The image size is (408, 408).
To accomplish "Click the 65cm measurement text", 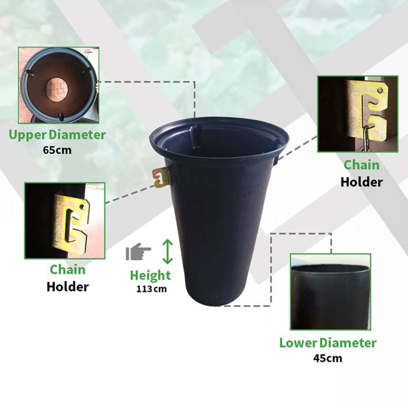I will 57,150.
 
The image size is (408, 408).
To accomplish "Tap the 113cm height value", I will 151,289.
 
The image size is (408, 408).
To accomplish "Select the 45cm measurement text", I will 328,358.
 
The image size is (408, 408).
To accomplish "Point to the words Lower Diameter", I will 328,343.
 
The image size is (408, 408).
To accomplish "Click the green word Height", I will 150,275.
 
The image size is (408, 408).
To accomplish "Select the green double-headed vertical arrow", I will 168,251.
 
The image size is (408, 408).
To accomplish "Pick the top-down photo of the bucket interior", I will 59,85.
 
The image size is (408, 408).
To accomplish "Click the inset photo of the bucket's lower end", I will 330,292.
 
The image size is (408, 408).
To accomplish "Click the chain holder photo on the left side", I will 64,220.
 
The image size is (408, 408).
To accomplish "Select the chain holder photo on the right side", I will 357,114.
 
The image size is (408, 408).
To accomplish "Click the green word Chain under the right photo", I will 361,165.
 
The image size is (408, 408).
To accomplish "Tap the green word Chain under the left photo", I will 68,270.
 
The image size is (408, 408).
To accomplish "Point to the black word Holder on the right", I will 361,182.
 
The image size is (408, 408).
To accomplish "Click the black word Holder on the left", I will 68,286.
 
